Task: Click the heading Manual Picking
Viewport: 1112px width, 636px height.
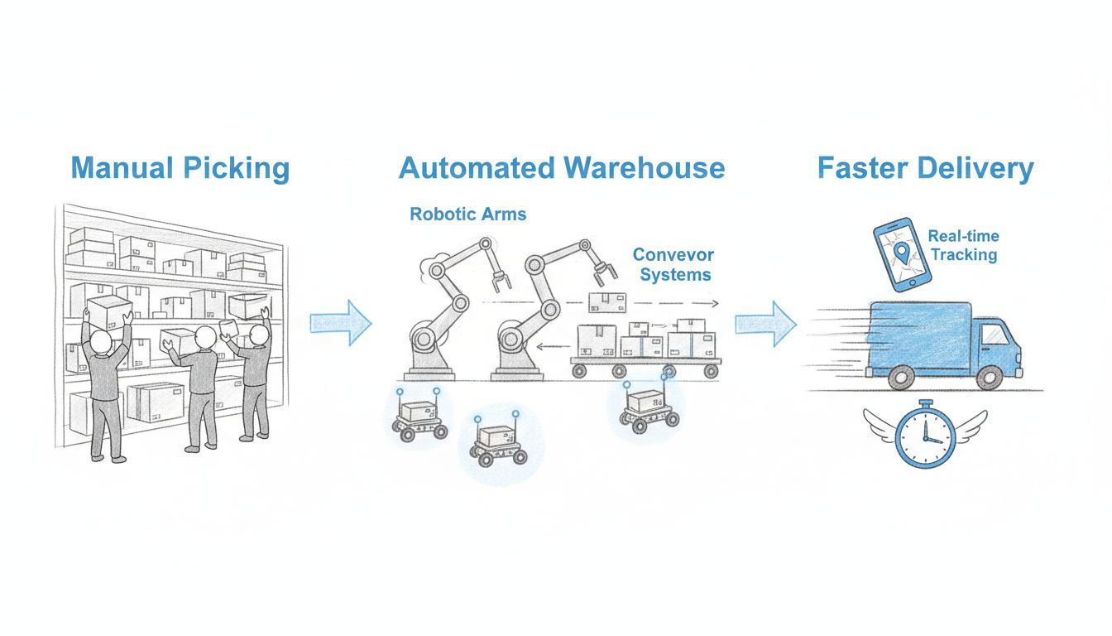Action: (x=180, y=168)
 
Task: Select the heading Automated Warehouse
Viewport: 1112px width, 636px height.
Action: (x=561, y=168)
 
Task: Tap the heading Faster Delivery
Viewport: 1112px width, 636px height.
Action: (x=925, y=168)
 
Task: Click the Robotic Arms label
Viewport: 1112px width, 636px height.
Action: (x=467, y=214)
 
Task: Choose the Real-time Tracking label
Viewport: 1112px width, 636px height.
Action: (x=963, y=246)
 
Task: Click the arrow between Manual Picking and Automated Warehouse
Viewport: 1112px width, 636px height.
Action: (x=341, y=322)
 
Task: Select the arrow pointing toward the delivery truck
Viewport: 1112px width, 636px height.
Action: (x=765, y=322)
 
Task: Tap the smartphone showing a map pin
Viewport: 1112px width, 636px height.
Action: (x=897, y=253)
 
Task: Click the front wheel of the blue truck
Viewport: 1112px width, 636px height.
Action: (x=989, y=377)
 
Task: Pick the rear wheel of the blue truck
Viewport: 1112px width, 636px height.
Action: (x=902, y=377)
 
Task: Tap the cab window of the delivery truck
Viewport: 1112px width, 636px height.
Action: (x=995, y=334)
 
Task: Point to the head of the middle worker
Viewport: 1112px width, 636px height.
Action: (x=205, y=337)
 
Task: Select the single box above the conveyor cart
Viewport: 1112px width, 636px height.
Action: (x=605, y=301)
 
